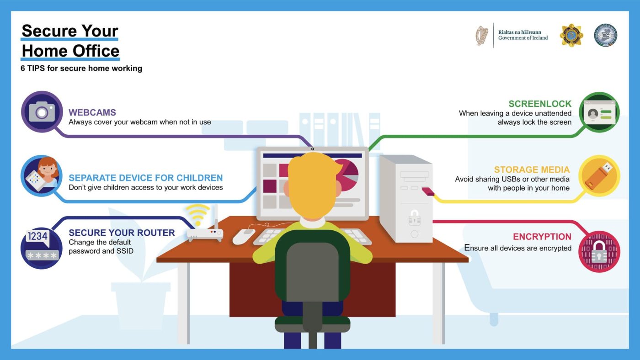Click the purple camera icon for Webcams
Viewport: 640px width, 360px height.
coord(42,111)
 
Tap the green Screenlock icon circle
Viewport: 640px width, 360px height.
coord(599,112)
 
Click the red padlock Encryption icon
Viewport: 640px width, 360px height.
coord(599,252)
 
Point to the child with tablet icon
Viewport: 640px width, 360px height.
coord(42,176)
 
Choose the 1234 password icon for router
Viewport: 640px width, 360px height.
coord(42,248)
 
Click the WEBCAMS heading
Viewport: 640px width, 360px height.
coord(92,112)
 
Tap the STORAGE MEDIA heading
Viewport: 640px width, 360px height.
coord(532,169)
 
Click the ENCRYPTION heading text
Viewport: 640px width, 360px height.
coord(542,237)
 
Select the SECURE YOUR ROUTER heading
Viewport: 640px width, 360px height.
coord(122,233)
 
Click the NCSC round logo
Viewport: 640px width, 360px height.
coord(605,35)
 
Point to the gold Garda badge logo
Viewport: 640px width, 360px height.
coord(571,35)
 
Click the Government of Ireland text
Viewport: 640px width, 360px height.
coord(523,37)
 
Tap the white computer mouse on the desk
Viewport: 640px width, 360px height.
coord(243,236)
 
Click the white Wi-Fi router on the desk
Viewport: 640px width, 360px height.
coord(205,234)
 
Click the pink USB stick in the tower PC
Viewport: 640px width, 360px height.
coord(428,191)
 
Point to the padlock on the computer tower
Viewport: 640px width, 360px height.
coord(414,217)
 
